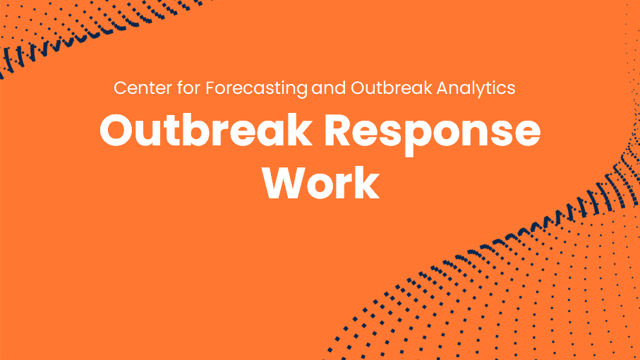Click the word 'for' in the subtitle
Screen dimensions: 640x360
point(188,88)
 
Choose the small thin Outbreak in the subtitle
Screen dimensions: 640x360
point(391,88)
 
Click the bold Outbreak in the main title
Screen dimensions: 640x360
point(206,131)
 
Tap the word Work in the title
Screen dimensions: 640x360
point(321,182)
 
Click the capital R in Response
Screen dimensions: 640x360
point(339,130)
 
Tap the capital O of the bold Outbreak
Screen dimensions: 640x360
point(116,130)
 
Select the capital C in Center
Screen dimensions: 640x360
point(119,88)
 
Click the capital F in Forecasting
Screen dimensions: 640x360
point(210,88)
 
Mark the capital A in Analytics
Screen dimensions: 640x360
point(442,88)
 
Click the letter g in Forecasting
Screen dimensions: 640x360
point(303,91)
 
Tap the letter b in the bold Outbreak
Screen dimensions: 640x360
point(197,129)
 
